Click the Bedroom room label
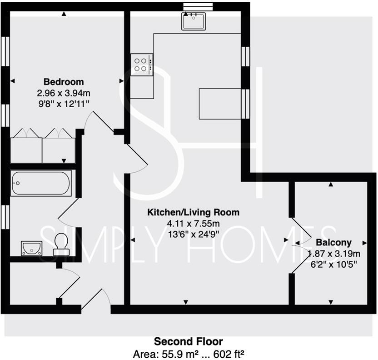[x=64, y=82]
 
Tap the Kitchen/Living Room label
[x=193, y=212]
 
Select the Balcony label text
[x=334, y=242]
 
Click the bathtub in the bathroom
[x=41, y=183]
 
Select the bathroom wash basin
[x=31, y=248]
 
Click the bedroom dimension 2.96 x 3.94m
[x=64, y=93]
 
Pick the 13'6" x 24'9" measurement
[x=193, y=234]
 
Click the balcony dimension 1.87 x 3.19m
[x=334, y=254]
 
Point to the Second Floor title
[x=189, y=341]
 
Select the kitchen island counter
[x=220, y=104]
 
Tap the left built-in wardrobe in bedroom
[x=26, y=146]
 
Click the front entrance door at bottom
[x=96, y=300]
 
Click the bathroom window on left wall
[x=5, y=218]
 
